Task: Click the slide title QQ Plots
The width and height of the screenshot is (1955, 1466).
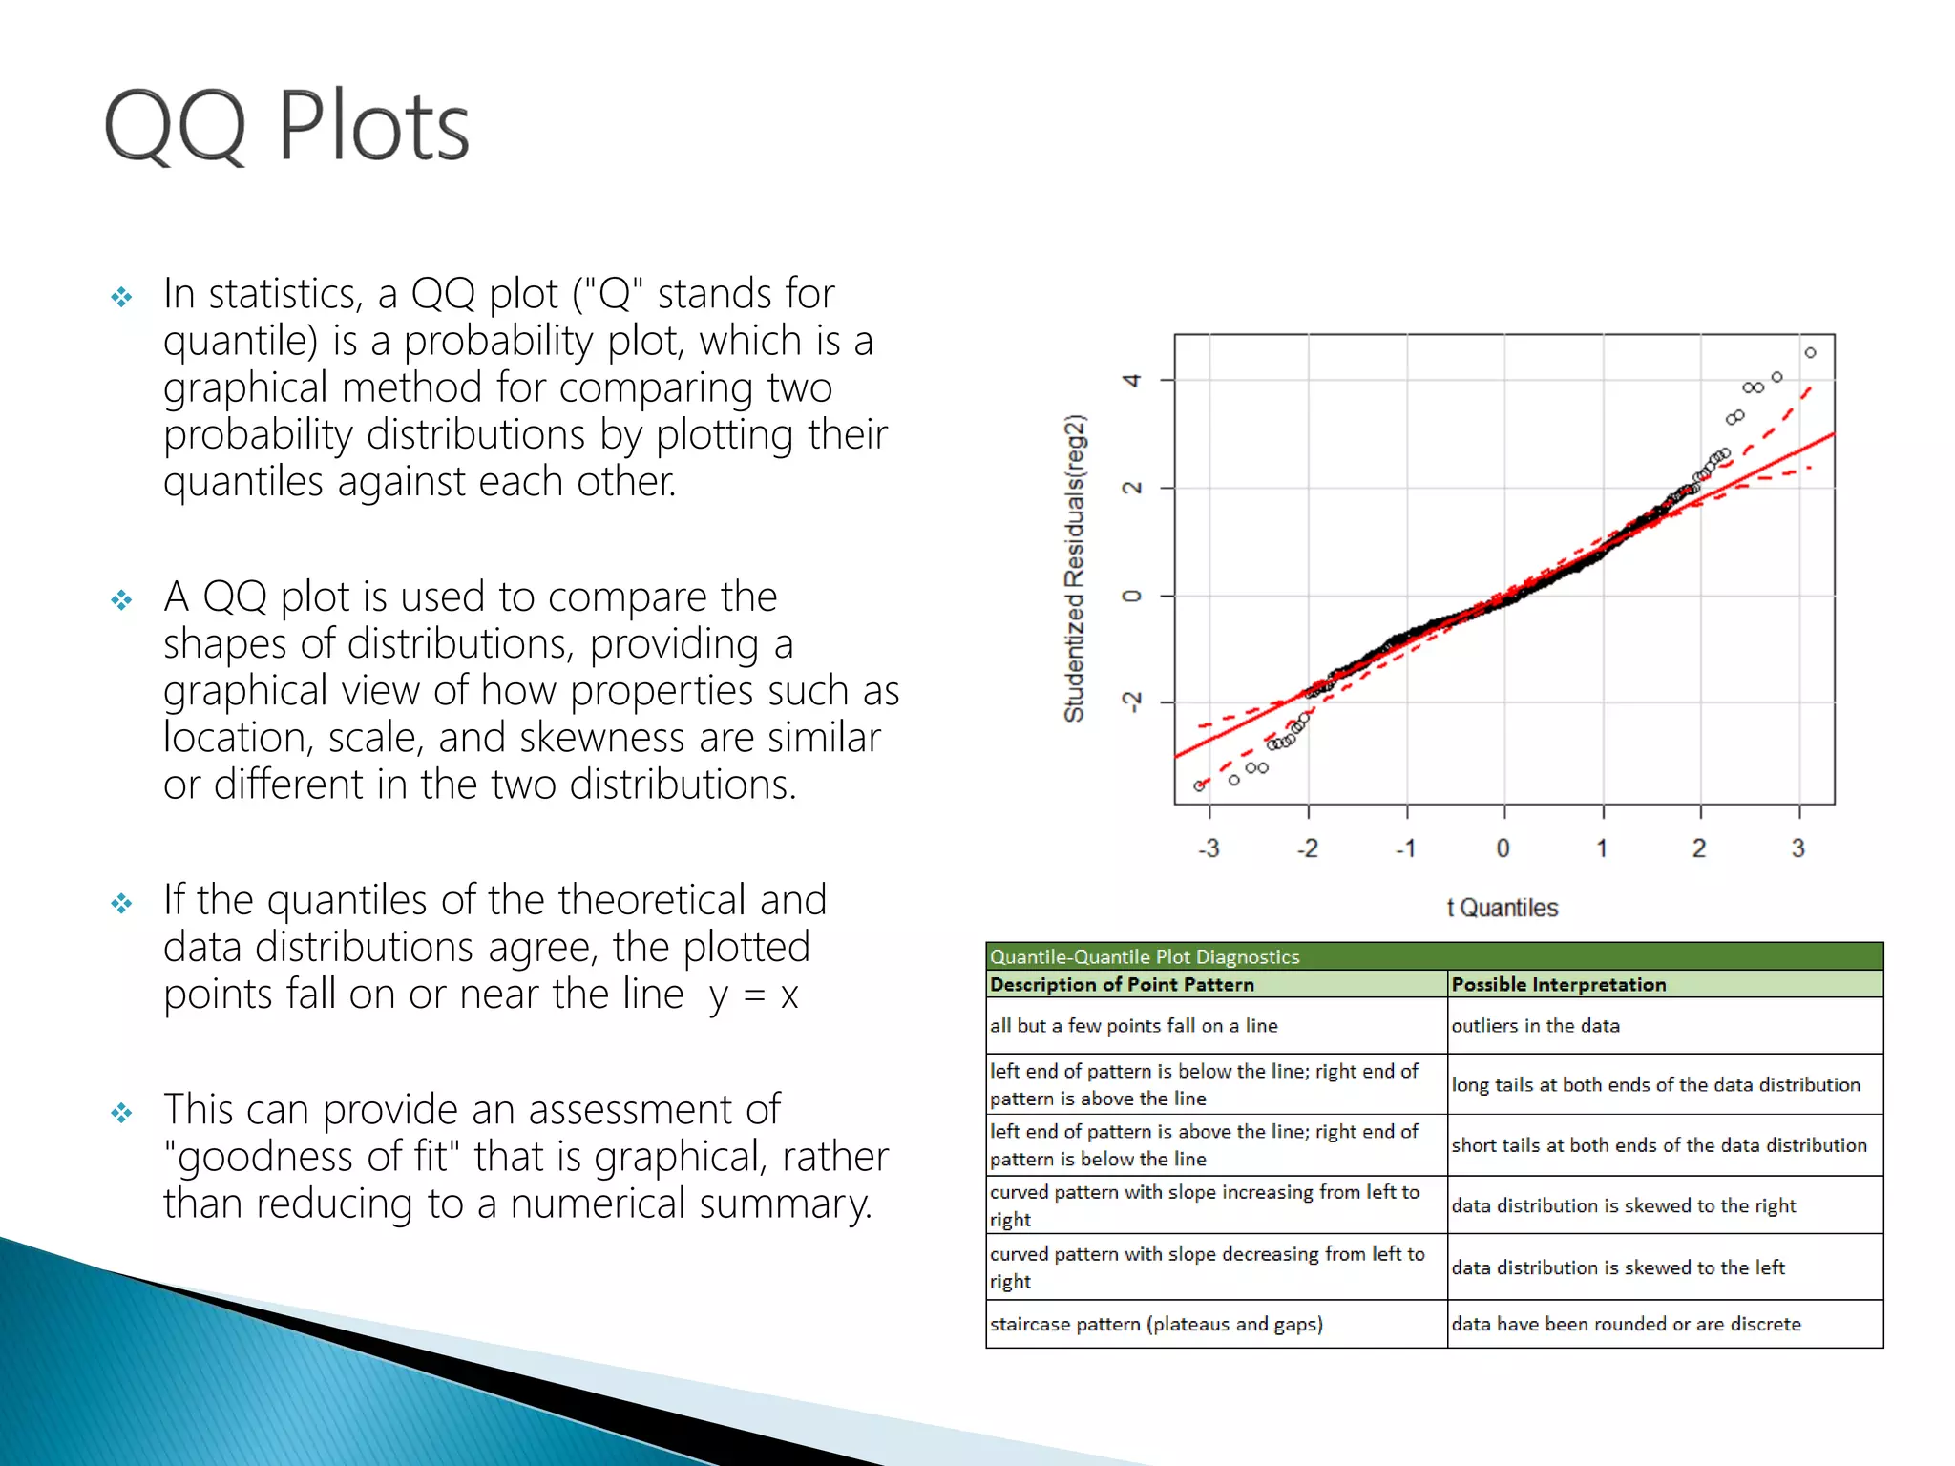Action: click(x=286, y=126)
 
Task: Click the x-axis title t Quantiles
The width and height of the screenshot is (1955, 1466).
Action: click(x=1502, y=908)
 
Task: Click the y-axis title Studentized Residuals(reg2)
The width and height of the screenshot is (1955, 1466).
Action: click(x=1075, y=569)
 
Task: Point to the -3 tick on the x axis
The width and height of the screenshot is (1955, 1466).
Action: click(x=1209, y=848)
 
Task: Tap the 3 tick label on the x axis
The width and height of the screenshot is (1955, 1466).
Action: click(x=1797, y=848)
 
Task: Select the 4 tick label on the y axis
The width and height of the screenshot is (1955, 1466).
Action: click(x=1132, y=381)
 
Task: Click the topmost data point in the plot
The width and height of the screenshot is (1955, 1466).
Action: click(x=1810, y=353)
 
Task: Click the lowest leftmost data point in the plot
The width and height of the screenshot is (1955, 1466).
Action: click(x=1199, y=786)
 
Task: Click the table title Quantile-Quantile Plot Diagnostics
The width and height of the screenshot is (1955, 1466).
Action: click(x=1144, y=956)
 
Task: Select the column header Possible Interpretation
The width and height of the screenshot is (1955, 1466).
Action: click(x=1558, y=984)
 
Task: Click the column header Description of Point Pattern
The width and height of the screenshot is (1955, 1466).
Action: click(x=1122, y=984)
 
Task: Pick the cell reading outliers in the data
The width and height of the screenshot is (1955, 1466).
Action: click(x=1535, y=1026)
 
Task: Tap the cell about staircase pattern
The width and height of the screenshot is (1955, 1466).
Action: click(x=1155, y=1324)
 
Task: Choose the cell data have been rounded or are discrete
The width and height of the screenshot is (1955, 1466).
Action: click(x=1626, y=1324)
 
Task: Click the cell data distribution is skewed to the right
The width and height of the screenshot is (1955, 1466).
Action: click(x=1623, y=1205)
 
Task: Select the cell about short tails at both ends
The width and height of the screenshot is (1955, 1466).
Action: click(x=1658, y=1145)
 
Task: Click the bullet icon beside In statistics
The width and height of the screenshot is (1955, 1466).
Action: click(x=121, y=297)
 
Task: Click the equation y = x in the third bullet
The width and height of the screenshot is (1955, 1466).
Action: click(x=753, y=995)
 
